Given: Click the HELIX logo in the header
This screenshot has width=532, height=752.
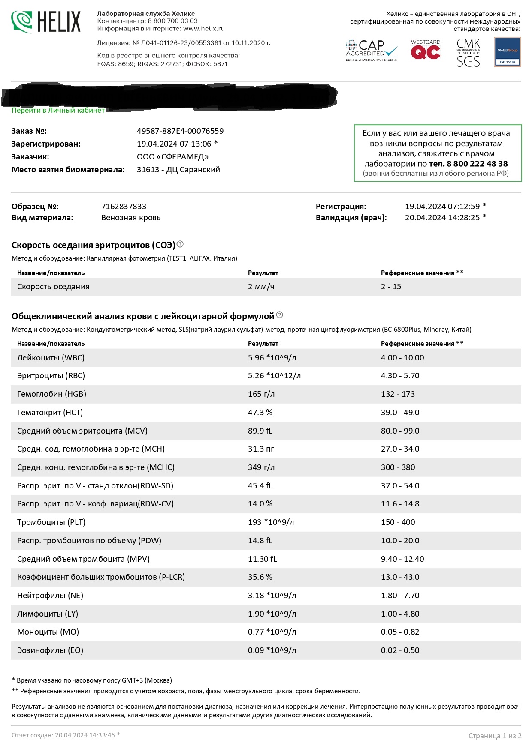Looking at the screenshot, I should pos(46,22).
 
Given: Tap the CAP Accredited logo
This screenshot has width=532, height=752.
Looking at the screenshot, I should pos(372,51).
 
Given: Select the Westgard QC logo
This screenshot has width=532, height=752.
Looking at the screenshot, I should pos(425,50).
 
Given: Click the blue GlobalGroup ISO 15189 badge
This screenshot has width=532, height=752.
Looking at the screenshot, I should pos(507,51).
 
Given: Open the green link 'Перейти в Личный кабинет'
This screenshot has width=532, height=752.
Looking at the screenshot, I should pos(58,111).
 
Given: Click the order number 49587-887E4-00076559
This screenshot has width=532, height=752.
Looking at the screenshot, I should pos(180,131).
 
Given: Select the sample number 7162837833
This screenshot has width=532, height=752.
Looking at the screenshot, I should pos(124,207).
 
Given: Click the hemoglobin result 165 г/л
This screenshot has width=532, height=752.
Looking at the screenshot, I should pos(261,394).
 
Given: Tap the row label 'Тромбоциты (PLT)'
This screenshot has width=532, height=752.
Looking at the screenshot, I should pos(51,522).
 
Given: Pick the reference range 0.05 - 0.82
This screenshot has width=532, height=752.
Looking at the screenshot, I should pos(400,632).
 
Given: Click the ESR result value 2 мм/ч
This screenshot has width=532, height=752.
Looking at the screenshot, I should pos(261,287).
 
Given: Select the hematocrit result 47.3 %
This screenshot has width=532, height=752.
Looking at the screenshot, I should pos(260,413).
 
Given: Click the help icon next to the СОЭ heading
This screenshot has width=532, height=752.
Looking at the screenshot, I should pos(180,244).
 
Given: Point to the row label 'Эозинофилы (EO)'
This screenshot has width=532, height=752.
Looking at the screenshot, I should pos(50,650).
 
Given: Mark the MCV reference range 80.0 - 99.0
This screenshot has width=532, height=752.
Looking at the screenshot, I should pos(400,431).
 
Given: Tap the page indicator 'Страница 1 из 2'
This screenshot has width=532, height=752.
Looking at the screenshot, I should pos(495,736).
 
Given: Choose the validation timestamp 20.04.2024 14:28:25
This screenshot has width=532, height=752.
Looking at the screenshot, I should pos(442,218).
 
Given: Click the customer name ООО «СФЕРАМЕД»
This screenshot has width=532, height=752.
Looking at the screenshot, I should pos(172,157).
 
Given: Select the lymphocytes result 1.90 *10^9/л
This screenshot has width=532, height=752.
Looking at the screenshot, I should pos(272,614).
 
